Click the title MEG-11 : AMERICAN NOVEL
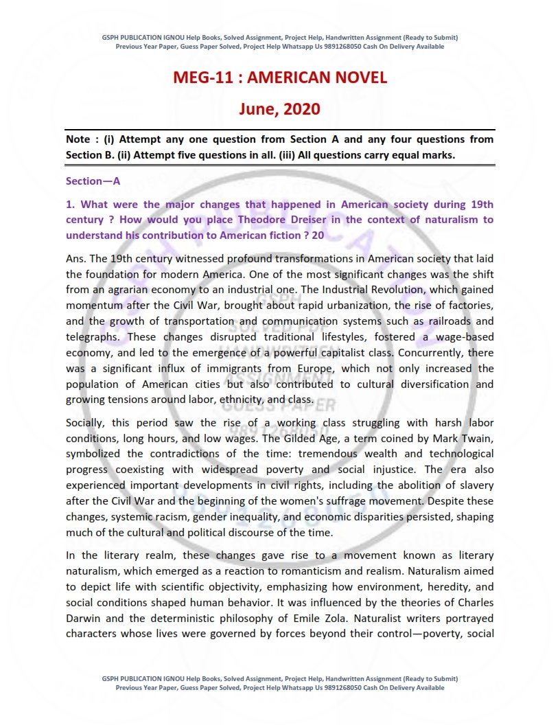click(279, 78)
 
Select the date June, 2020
click(279, 108)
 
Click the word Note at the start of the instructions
click(78, 139)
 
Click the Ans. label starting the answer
click(76, 259)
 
